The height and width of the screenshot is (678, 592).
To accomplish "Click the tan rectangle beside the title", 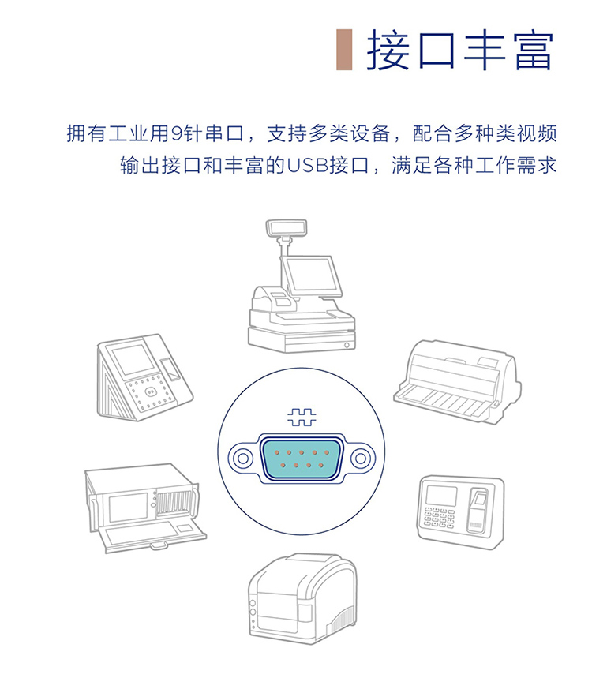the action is pos(344,50).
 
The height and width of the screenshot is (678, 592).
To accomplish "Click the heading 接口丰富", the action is pos(460,51).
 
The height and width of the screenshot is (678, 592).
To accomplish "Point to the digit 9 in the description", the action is pos(177,133).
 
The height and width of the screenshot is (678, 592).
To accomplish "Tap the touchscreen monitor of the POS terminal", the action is pos(311,276).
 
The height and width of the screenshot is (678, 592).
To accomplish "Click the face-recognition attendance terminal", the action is pos(144,377).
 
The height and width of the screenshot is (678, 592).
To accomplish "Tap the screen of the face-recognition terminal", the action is pos(133,360).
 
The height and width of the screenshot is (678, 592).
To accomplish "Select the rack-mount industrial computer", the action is pos(145,508).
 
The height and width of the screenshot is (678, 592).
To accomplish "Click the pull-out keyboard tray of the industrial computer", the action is pos(152,536).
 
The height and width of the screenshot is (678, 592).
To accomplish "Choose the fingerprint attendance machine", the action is pos(461,512).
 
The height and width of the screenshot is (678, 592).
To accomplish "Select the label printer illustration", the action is pos(303,599).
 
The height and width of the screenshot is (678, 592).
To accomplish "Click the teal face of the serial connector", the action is pos(302,459).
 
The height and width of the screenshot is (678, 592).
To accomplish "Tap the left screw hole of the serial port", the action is pos(242,459).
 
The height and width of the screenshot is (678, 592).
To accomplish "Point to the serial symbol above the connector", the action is pos(302,418).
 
